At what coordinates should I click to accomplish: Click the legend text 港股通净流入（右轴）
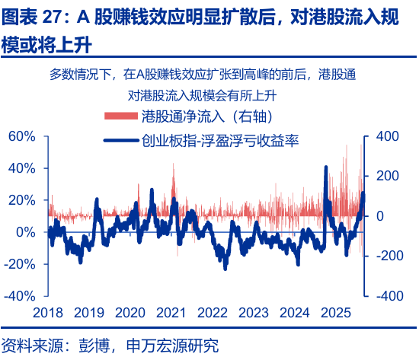tap(208, 116)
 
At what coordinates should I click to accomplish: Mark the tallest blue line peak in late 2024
tap(326, 167)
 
